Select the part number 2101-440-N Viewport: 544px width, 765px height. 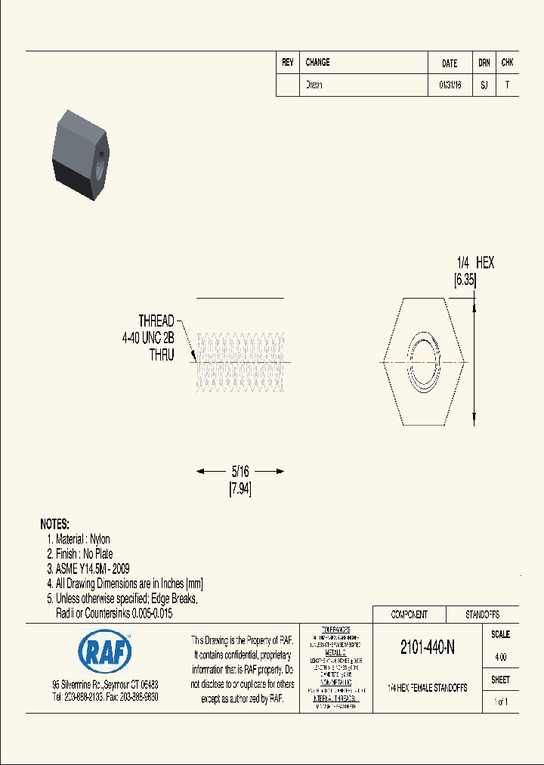click(427, 648)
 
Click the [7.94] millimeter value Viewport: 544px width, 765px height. click(240, 489)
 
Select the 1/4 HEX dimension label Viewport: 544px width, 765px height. click(475, 263)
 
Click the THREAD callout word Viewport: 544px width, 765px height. click(156, 321)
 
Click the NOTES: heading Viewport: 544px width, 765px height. click(54, 524)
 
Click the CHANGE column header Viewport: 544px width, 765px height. click(317, 63)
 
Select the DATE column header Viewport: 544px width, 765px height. click(450, 63)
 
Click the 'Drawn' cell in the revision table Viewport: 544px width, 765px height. click(314, 85)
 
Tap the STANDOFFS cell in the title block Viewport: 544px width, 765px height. click(482, 615)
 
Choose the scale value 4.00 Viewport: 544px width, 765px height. click(500, 657)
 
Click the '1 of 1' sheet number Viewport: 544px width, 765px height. click(500, 702)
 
